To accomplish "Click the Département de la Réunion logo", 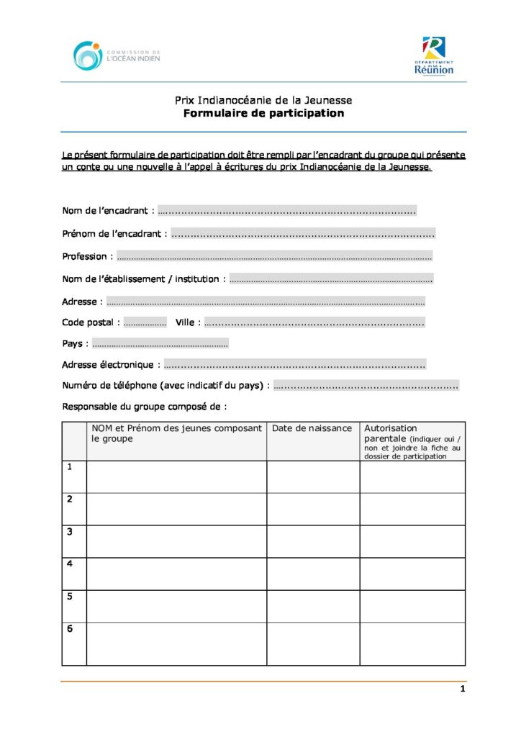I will click(x=434, y=56).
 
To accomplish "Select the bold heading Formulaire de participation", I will click(x=263, y=114).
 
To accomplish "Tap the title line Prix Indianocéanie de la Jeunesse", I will click(x=263, y=100).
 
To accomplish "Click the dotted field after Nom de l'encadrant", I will click(x=286, y=212).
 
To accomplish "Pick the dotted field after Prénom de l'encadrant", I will click(x=303, y=234).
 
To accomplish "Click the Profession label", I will click(x=84, y=256).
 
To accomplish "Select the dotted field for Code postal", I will click(x=145, y=323).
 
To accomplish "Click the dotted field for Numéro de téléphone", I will click(x=366, y=386).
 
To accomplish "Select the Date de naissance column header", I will click(x=312, y=429).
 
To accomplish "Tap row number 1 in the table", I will click(x=70, y=467).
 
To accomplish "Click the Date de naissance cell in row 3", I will click(x=313, y=541).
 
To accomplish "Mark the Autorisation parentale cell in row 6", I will click(x=412, y=643).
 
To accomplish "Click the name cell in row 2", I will click(x=176, y=509).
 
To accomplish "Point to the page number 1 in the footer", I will click(x=463, y=689).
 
